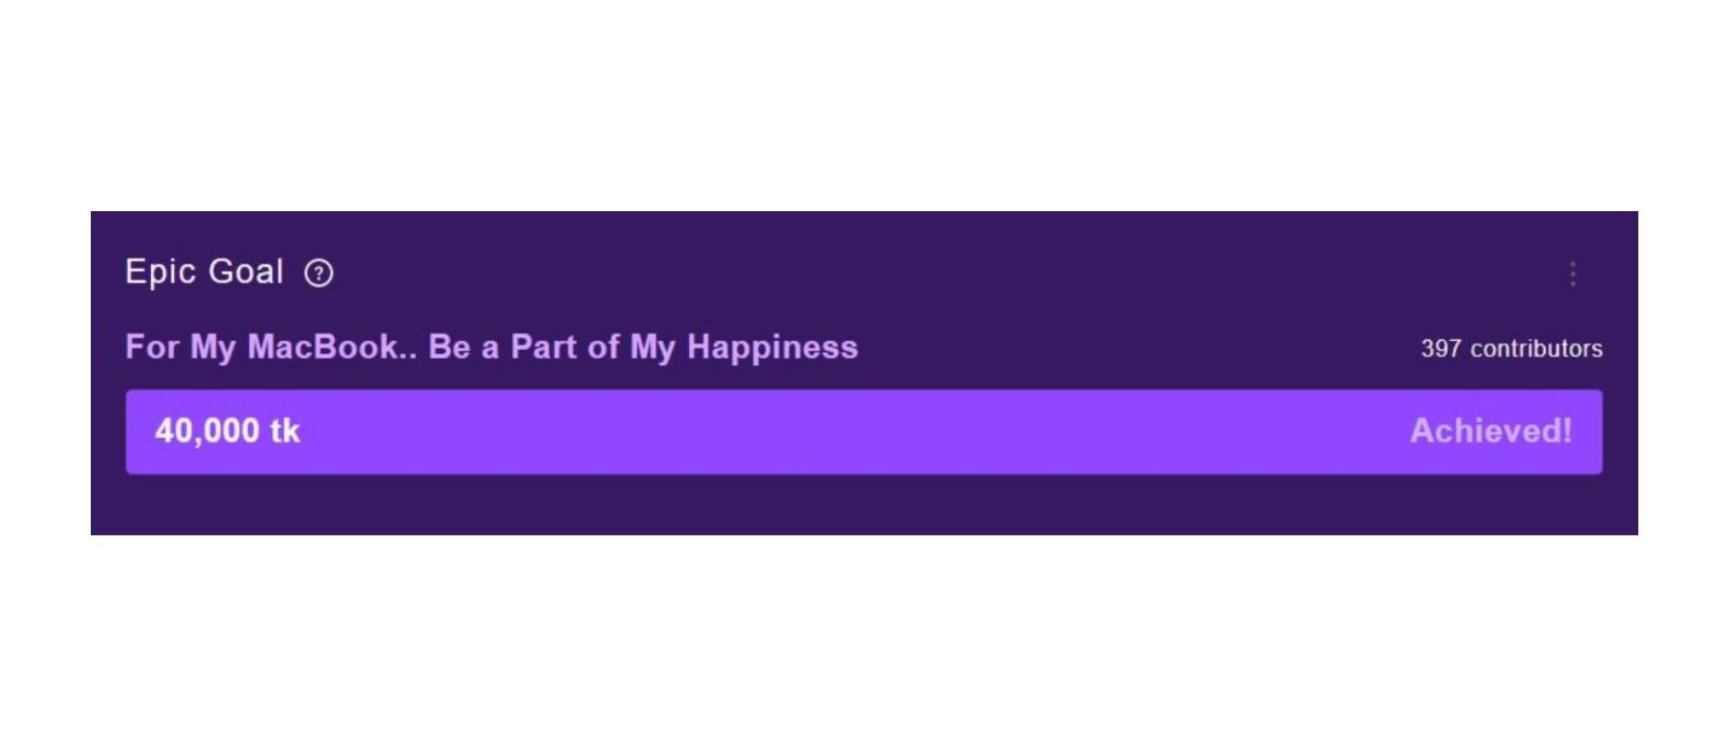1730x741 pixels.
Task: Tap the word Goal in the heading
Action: (245, 271)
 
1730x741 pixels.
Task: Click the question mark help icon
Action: (319, 273)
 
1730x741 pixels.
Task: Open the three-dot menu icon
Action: (1573, 273)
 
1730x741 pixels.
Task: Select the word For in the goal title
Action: (152, 346)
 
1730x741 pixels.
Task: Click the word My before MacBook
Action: (213, 348)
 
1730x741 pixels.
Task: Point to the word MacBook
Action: (322, 346)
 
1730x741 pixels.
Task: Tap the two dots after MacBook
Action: (407, 357)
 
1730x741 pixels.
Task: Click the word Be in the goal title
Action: (449, 346)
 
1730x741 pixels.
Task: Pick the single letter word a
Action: (490, 350)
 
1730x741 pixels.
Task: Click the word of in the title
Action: (603, 346)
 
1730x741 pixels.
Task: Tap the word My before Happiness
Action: (653, 348)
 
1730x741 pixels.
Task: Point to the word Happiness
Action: (772, 348)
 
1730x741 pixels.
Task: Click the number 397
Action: (1441, 348)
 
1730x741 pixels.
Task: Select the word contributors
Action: (1536, 348)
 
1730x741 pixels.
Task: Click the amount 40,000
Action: (207, 432)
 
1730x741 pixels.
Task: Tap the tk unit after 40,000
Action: (285, 431)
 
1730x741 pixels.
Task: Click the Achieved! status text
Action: (1491, 431)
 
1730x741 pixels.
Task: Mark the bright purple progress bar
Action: (864, 432)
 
